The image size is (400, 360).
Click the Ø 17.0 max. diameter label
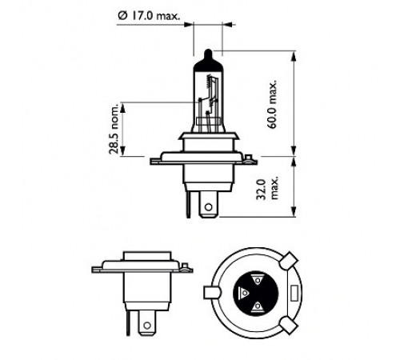(149, 15)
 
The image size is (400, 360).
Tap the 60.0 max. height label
(272, 104)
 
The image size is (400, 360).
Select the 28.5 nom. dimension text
(114, 130)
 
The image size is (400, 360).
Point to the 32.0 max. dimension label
(266, 190)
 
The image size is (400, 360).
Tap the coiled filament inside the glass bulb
(210, 82)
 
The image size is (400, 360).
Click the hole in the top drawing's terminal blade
(209, 207)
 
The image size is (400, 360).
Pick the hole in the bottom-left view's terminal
(147, 325)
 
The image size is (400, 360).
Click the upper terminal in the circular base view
(258, 280)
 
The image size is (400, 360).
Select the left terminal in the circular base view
(244, 293)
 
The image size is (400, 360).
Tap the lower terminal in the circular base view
(258, 306)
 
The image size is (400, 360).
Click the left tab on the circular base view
(212, 293)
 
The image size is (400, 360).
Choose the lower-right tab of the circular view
(288, 325)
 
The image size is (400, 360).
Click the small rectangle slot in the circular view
(294, 293)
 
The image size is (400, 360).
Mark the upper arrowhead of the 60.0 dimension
(294, 57)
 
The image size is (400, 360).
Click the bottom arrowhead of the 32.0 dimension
(294, 211)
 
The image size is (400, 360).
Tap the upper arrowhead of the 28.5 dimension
(122, 108)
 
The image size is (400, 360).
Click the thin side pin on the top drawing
(189, 204)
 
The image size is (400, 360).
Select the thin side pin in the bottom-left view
(128, 322)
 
